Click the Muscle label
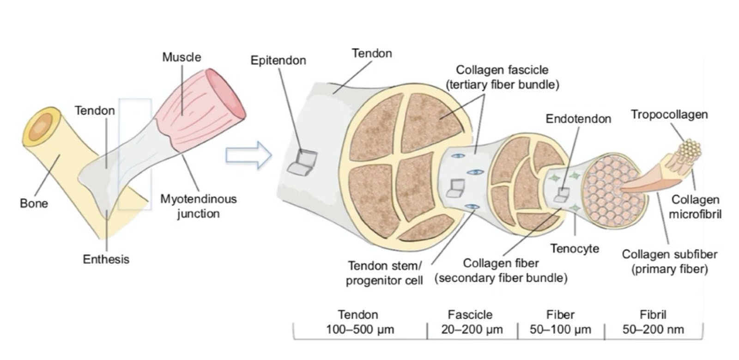click(x=182, y=57)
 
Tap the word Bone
click(x=34, y=203)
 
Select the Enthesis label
click(x=106, y=259)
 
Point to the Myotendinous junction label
click(x=198, y=206)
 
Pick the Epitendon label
click(x=278, y=61)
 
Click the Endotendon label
click(x=578, y=119)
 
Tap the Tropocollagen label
click(x=669, y=114)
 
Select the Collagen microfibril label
click(x=695, y=207)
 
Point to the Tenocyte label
click(x=575, y=249)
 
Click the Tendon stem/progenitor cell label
click(x=384, y=273)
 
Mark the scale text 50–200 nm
click(x=653, y=329)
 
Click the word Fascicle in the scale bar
click(x=470, y=315)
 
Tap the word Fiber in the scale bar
click(x=560, y=315)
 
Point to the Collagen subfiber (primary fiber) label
click(x=669, y=262)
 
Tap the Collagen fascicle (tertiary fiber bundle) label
click(x=502, y=77)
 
